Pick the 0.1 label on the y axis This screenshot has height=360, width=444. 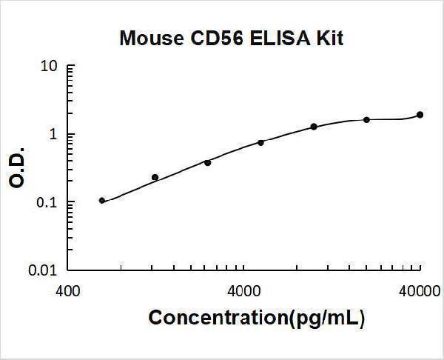[47, 203]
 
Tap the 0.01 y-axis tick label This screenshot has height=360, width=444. [44, 271]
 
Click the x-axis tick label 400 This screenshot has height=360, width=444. [69, 291]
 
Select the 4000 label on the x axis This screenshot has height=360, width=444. [243, 291]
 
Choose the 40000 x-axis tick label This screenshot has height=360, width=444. [419, 291]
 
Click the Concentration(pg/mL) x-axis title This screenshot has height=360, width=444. [257, 319]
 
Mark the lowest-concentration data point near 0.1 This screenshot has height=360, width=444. [102, 200]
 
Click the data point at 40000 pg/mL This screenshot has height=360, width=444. [420, 114]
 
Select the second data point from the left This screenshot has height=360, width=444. [155, 177]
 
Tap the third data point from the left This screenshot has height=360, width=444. [207, 162]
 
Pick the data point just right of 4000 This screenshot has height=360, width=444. [260, 142]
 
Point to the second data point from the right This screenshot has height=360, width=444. [366, 119]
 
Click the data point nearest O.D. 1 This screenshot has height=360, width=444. [314, 127]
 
